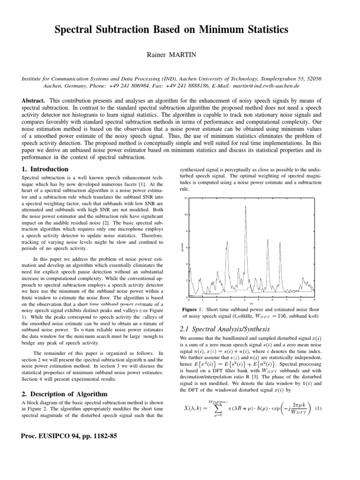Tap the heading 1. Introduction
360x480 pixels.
pos(45,169)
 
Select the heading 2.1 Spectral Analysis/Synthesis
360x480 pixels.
pos(225,328)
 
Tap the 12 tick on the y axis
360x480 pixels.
pos(186,198)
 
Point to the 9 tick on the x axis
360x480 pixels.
pos(314,300)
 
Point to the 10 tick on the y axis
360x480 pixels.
pos(186,215)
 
